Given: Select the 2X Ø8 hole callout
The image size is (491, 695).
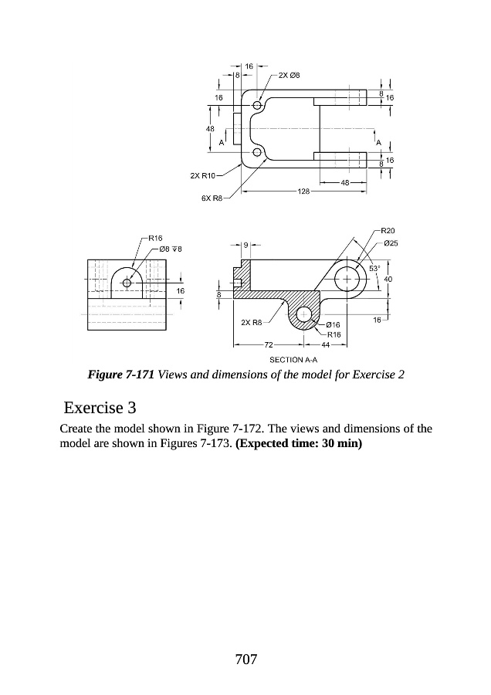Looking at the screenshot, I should pos(289,75).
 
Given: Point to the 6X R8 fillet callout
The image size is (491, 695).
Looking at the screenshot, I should pos(212,198).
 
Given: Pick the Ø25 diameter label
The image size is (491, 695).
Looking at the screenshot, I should pos(391,243).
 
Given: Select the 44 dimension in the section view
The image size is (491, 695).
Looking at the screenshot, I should pos(325,344).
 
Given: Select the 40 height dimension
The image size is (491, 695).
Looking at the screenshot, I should pos(388,278).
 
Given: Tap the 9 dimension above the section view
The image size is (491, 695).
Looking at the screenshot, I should pos(245,245).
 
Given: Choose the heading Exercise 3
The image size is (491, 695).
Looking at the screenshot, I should pos(100,406).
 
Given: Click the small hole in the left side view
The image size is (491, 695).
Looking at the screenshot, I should pos(127,282).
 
